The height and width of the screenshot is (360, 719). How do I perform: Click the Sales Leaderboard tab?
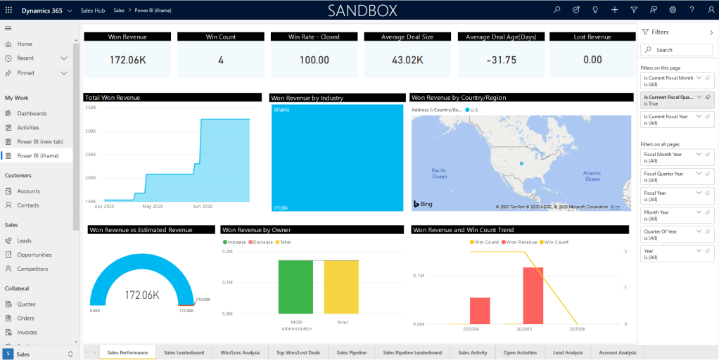point(184,352)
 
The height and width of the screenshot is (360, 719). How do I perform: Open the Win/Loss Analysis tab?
point(240,352)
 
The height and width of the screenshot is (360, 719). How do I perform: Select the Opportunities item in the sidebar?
point(34,255)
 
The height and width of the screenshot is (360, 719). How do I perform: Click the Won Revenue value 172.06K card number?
point(127,60)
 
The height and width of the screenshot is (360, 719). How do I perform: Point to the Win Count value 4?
point(221,60)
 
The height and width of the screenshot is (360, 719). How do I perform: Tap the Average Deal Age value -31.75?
point(501,60)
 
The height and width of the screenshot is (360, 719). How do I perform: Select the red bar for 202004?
point(480,311)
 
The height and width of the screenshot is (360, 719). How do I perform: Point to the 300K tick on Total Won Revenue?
point(90,131)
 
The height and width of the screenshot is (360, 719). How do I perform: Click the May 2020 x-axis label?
point(153,207)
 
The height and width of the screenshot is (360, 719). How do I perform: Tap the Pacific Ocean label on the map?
point(440,173)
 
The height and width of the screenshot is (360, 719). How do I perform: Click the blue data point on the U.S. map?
point(521,163)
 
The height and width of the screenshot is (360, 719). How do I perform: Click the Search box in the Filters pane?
point(677,50)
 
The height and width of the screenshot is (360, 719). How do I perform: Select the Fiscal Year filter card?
point(677,196)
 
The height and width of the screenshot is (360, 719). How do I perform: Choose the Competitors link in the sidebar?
point(32,269)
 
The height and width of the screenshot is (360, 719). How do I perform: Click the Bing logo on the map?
point(422,204)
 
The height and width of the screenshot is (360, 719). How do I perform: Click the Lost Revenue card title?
point(592,37)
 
